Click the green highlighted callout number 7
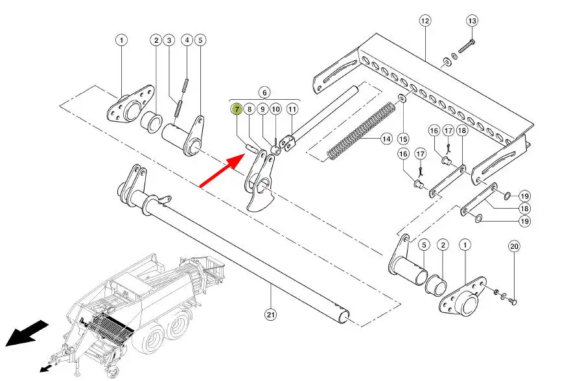(237, 109)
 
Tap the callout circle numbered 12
(425, 21)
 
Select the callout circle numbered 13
(472, 21)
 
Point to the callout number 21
(270, 314)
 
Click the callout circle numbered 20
(514, 247)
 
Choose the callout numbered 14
(386, 139)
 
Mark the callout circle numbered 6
(264, 93)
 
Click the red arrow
(222, 170)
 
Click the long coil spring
(361, 132)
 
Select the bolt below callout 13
(467, 47)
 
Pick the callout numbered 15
(403, 139)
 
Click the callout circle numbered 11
(292, 109)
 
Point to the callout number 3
(169, 40)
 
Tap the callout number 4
(187, 40)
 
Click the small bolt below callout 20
(514, 301)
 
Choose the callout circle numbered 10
(275, 109)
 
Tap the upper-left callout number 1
(121, 40)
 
